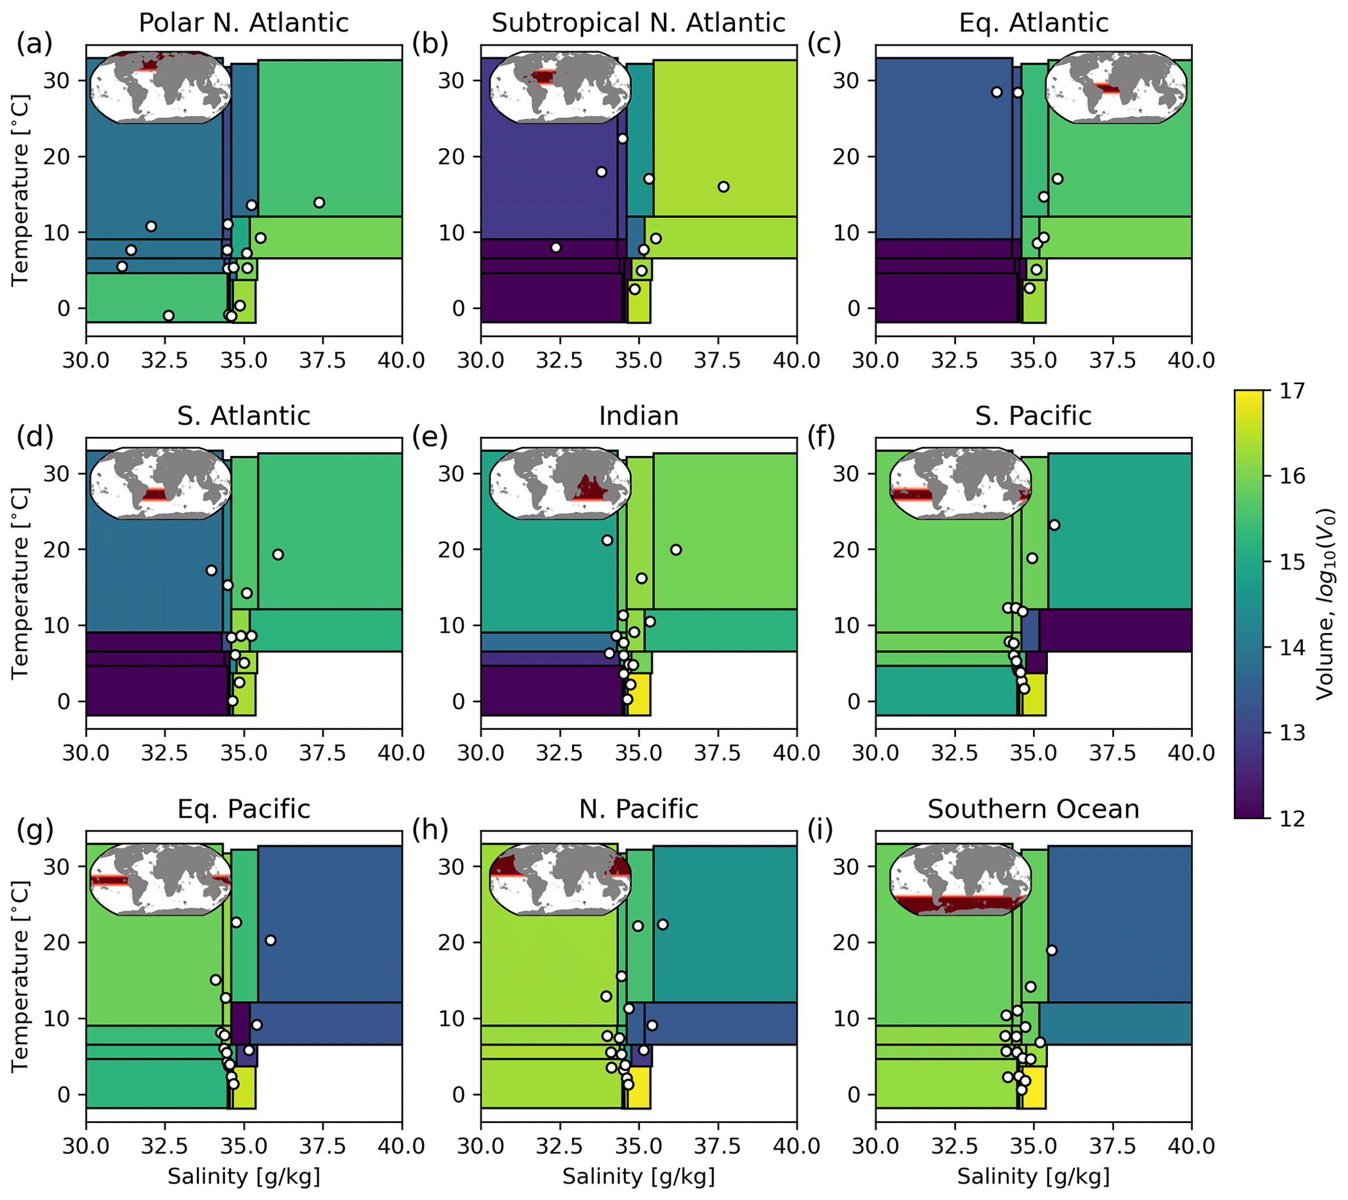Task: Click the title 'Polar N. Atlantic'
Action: (x=243, y=23)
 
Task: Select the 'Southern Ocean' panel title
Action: (x=1034, y=809)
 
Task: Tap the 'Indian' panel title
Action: (x=638, y=416)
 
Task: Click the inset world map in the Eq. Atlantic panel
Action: (x=1116, y=87)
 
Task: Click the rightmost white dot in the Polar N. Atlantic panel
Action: (x=319, y=202)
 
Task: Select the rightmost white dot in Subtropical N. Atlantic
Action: (x=723, y=187)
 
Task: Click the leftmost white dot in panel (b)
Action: (x=556, y=247)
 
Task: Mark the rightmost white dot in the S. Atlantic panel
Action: (x=278, y=554)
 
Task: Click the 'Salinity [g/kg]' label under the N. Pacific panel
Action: (x=638, y=1177)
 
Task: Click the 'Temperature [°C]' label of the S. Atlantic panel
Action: (x=20, y=582)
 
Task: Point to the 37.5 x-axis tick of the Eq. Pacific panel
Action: (x=323, y=1145)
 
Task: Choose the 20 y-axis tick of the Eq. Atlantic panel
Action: (x=846, y=157)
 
